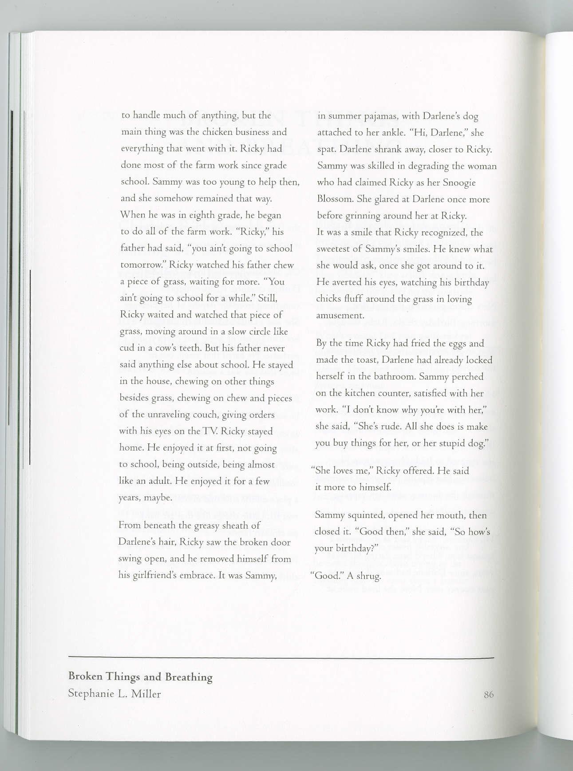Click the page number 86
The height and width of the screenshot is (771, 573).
[x=488, y=695]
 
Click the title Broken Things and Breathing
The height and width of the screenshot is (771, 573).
[x=140, y=677]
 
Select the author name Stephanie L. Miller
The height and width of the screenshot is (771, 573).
[x=114, y=694]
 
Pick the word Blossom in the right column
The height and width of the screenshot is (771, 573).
[x=335, y=199]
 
